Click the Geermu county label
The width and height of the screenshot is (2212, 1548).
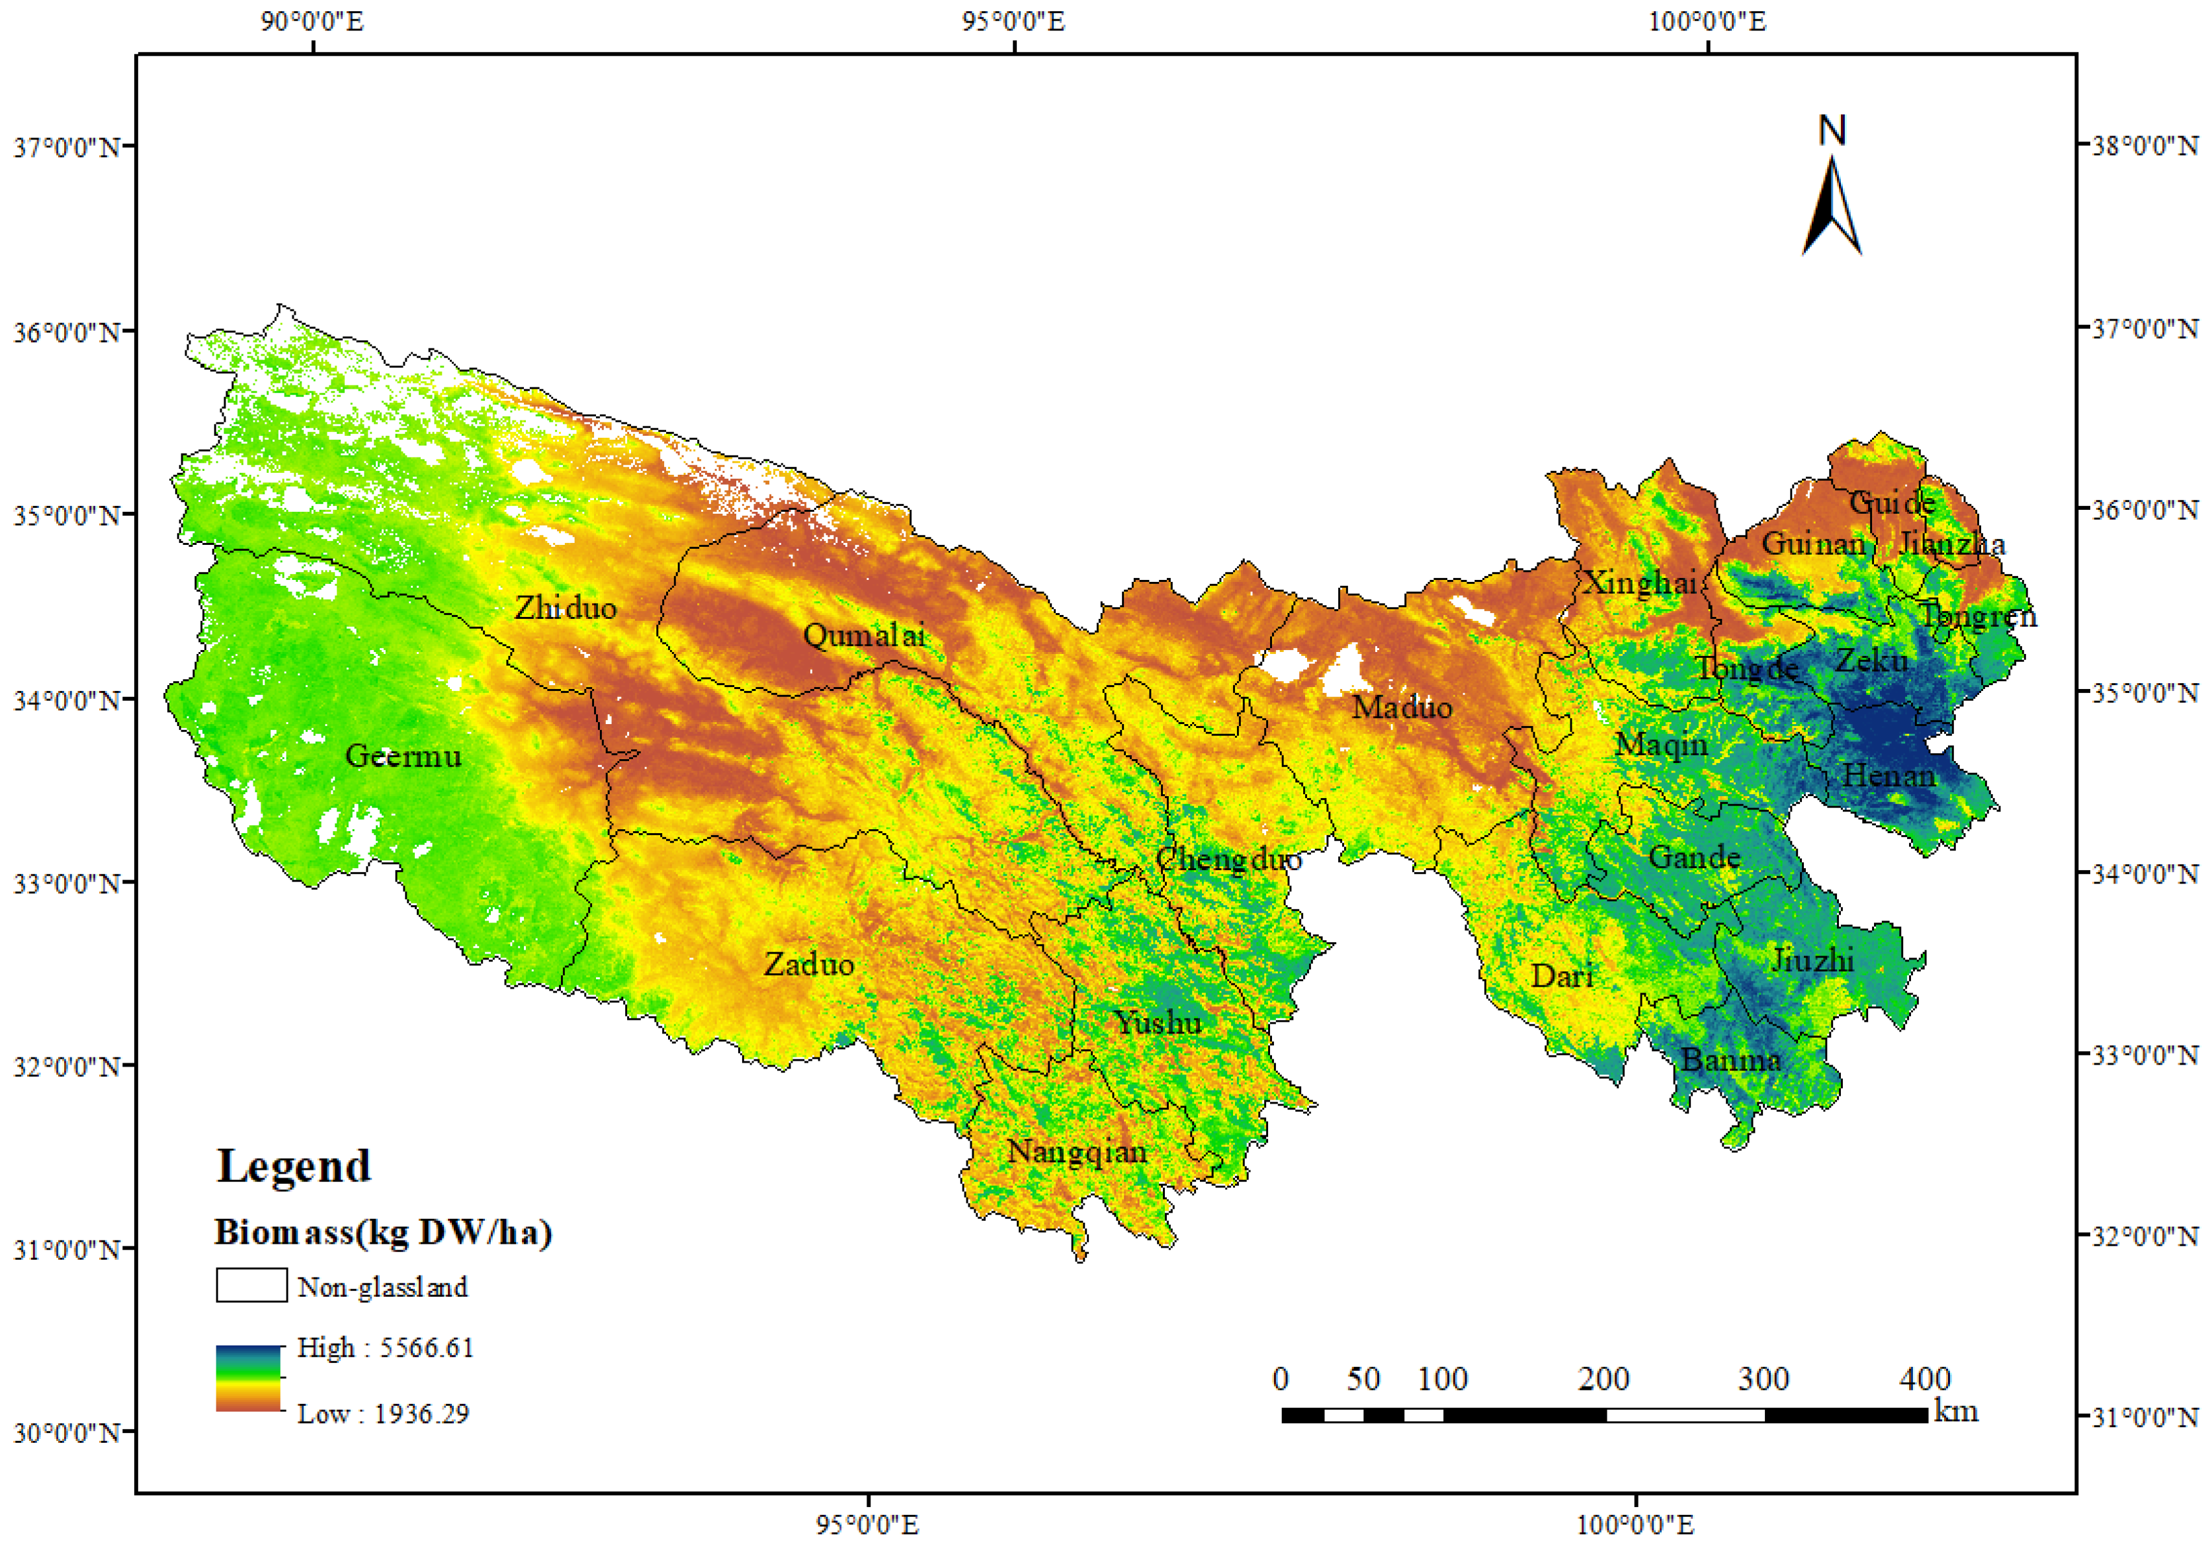click(x=403, y=756)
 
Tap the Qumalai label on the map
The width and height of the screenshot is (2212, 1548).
click(x=863, y=635)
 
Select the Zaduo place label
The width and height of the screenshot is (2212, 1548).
click(x=808, y=964)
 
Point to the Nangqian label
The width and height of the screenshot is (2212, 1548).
click(x=1076, y=1152)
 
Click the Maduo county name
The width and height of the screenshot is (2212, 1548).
click(x=1401, y=708)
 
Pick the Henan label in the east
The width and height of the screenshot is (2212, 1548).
click(x=1889, y=776)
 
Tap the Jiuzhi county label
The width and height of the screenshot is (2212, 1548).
click(x=1812, y=959)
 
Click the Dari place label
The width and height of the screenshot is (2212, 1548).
click(x=1562, y=977)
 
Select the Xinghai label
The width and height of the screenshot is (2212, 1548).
click(x=1640, y=583)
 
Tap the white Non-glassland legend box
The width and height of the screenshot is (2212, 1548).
click(x=251, y=1285)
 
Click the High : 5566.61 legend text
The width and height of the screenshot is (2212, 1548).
click(x=386, y=1348)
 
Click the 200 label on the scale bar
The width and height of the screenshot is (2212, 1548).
click(x=1603, y=1379)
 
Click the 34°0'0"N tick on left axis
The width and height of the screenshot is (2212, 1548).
click(x=67, y=700)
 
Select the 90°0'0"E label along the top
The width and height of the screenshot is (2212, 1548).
click(x=312, y=21)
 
